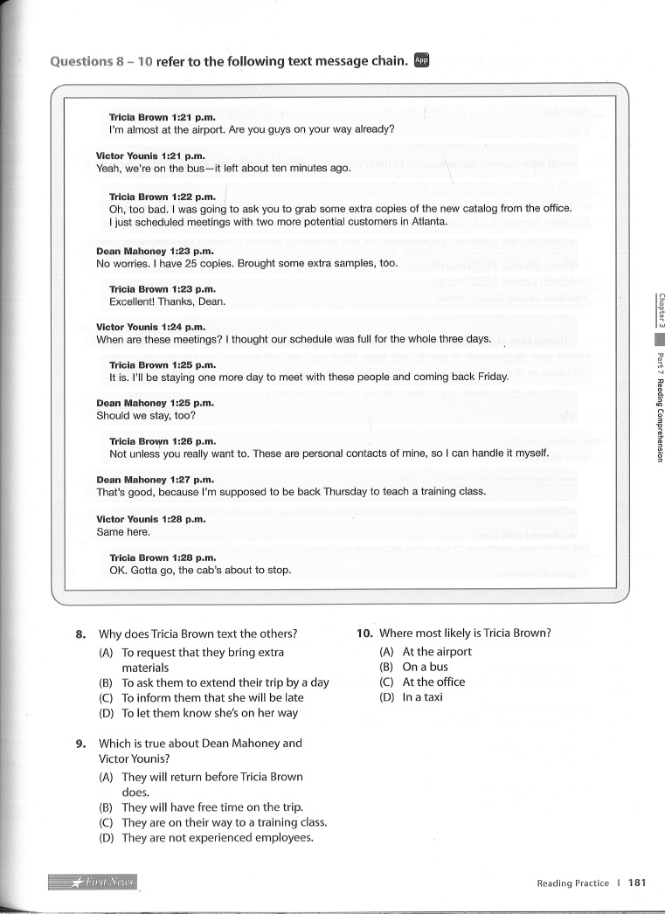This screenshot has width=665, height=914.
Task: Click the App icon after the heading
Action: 421,60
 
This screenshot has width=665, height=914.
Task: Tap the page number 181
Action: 637,883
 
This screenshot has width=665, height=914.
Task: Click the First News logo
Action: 93,882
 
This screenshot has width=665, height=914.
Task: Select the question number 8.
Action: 80,634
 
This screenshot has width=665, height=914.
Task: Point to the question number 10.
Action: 364,634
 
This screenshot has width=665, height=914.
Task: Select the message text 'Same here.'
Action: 123,531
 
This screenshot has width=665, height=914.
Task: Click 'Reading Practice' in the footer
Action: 572,883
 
